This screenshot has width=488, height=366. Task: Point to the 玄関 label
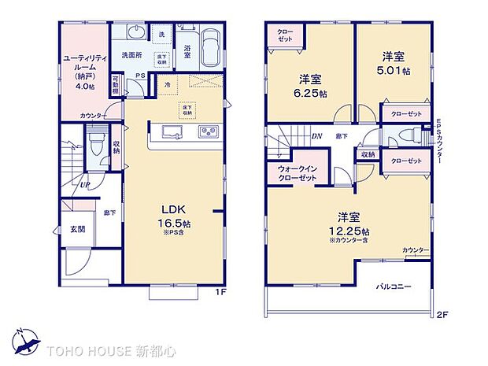click(x=77, y=230)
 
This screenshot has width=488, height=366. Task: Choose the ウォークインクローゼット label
click(x=296, y=173)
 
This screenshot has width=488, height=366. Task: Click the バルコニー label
click(x=394, y=287)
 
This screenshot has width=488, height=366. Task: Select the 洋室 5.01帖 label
click(x=393, y=62)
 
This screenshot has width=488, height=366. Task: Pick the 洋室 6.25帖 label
click(x=309, y=85)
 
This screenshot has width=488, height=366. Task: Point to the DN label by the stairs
click(x=316, y=135)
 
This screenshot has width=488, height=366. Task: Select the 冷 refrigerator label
click(x=168, y=84)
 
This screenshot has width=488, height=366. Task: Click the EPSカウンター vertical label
click(x=439, y=141)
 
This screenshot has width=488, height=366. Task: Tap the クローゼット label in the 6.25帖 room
click(x=284, y=35)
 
